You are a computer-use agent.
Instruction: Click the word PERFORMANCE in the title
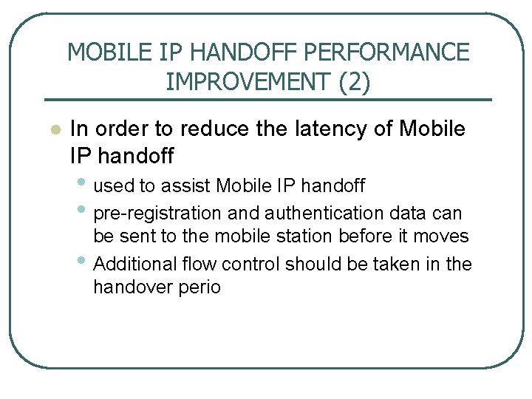coord(386,52)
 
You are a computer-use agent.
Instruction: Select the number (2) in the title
coord(353,81)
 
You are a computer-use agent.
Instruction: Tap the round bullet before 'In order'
coord(53,130)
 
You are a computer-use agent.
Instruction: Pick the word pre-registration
coord(158,214)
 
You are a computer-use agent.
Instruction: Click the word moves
coord(446,236)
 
